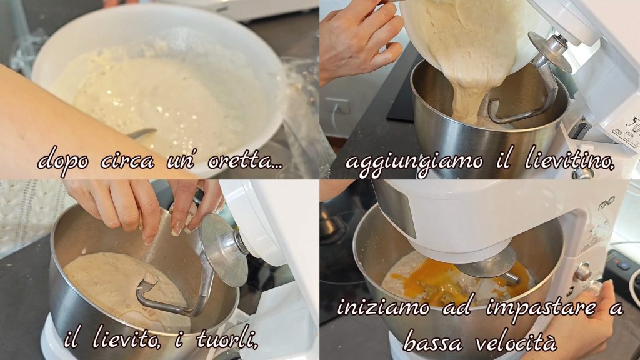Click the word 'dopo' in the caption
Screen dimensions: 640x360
point(63,161)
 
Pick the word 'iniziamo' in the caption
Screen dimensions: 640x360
point(383,307)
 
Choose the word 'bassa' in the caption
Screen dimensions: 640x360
point(432,341)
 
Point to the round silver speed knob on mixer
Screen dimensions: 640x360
point(583,272)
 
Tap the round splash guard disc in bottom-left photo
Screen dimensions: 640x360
point(224,249)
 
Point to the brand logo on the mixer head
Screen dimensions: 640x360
point(606,203)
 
